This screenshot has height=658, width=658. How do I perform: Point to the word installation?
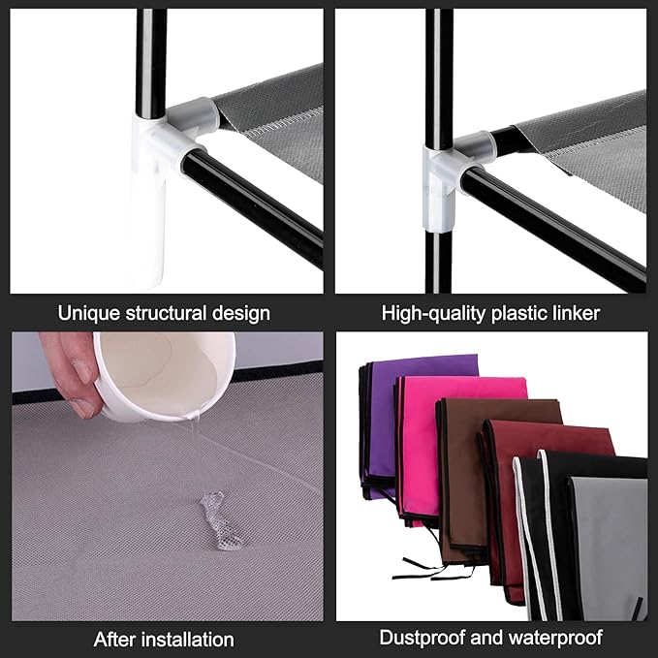tap(188, 640)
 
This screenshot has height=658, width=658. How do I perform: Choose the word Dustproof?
tap(423, 638)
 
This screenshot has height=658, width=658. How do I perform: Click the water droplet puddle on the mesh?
tap(220, 520)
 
